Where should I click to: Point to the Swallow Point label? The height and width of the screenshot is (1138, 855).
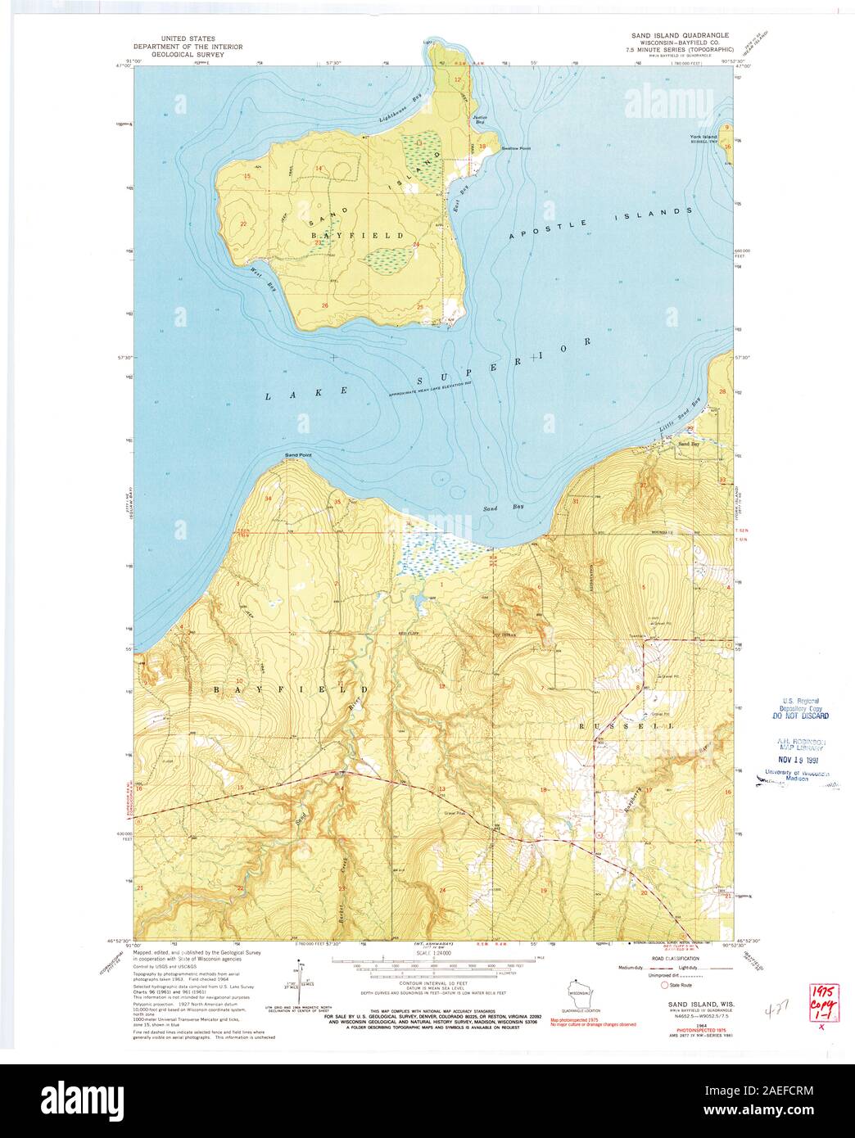tap(515, 148)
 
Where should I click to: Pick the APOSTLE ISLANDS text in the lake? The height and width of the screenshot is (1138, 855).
tap(600, 223)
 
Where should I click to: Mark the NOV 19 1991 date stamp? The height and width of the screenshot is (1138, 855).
tap(795, 759)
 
